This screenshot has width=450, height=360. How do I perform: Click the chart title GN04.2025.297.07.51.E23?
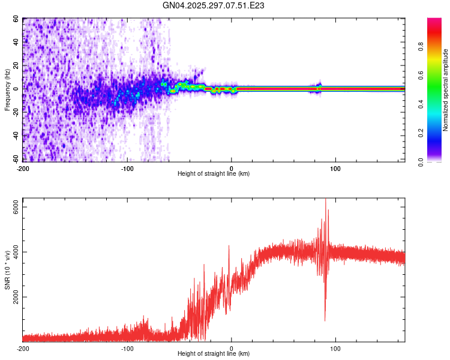pyautogui.click(x=214, y=5)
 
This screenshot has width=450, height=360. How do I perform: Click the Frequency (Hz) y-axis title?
pyautogui.click(x=8, y=89)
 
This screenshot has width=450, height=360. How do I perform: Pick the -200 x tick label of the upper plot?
pyautogui.click(x=23, y=167)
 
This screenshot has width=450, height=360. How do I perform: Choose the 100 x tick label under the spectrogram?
pyautogui.click(x=336, y=167)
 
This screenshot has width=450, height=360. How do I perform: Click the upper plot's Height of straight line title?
pyautogui.click(x=214, y=173)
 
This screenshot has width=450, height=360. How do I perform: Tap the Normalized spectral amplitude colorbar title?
pyautogui.click(x=445, y=90)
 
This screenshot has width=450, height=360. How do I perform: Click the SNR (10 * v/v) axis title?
pyautogui.click(x=8, y=270)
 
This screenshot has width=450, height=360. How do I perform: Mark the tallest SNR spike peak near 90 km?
pyautogui.click(x=326, y=200)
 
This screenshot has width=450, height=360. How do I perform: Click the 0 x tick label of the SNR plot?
pyautogui.click(x=232, y=348)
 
